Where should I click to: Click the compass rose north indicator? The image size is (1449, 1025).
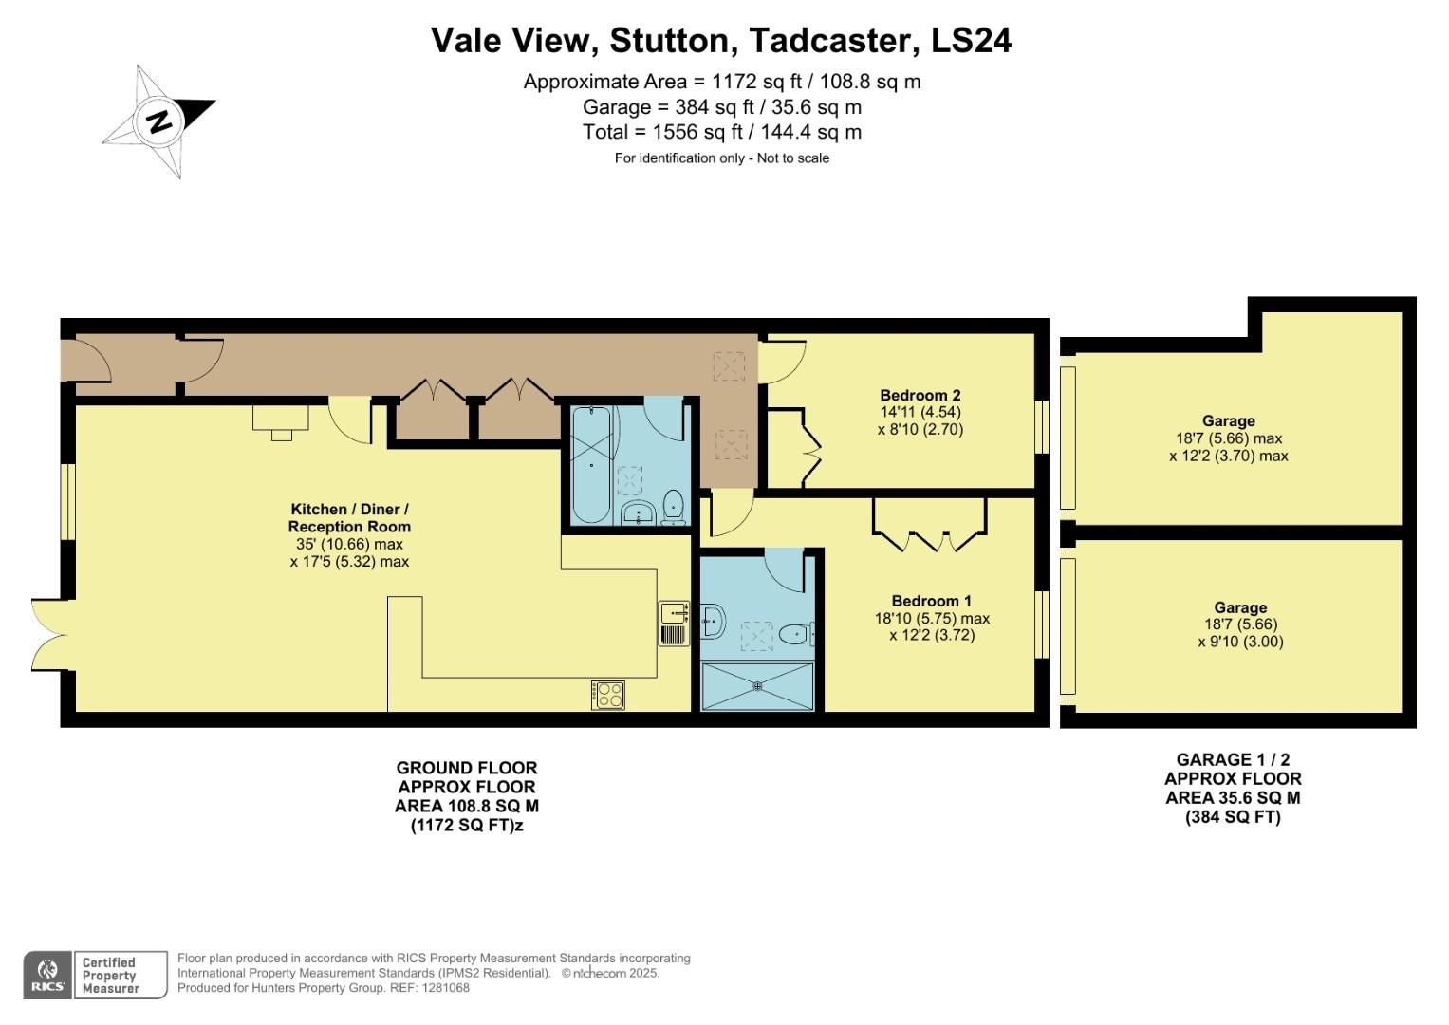point(158,121)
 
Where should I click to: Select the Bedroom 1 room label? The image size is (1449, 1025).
point(931,601)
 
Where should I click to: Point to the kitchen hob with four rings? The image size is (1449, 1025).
point(607,695)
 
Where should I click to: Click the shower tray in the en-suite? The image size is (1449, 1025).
point(757,686)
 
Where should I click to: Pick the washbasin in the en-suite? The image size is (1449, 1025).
point(714,623)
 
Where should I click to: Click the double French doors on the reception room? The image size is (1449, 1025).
point(49,635)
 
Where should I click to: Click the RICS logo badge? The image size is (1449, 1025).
point(46,975)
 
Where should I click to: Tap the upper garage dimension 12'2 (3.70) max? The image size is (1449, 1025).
point(1228,456)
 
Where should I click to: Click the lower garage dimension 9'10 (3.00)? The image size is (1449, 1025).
point(1239,642)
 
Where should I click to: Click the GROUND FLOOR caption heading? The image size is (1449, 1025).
point(466,768)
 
